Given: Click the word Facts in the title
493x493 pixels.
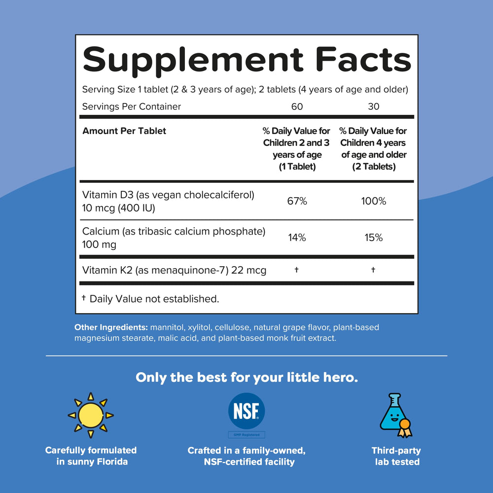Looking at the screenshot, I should coord(363,60).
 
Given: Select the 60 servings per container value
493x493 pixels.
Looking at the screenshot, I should coord(297,106).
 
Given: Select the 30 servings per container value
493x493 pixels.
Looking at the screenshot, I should coord(374,106).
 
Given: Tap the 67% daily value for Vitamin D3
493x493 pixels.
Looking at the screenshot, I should coord(297,201).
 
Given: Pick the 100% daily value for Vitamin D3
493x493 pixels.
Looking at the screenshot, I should coord(373,201).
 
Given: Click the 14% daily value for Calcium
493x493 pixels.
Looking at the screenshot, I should coord(297,238).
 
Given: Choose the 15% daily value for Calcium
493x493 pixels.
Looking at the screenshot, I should coord(373,238).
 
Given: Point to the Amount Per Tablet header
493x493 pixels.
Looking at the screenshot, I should coord(124,131).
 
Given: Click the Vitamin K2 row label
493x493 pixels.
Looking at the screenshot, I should coord(174,270).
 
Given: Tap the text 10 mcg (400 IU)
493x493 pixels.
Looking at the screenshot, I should coord(119,208).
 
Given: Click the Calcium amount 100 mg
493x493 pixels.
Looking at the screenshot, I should coord(99,245).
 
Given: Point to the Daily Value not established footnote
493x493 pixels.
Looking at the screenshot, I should coord(151,299).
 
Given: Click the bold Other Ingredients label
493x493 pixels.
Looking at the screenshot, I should coord(111,327).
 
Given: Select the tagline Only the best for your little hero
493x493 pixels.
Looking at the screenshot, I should coord(246,378).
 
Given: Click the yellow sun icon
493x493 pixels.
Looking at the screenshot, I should coord(90,415).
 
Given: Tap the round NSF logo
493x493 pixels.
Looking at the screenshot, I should coord(246,411).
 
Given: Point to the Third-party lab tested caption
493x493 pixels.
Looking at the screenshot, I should coord(396,456).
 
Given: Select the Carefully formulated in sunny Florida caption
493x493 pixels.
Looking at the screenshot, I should coord(91,456).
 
